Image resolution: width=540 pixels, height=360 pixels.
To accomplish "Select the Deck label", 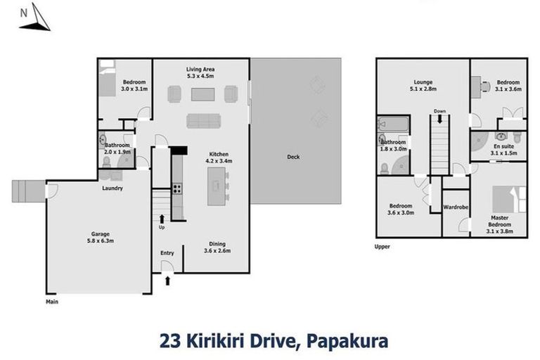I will (x=293, y=157).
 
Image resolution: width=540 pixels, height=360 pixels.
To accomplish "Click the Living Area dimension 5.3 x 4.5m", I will (x=200, y=76).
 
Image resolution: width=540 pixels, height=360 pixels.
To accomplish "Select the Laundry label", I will (x=112, y=188).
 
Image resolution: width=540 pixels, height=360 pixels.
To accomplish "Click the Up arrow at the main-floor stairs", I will (x=161, y=219).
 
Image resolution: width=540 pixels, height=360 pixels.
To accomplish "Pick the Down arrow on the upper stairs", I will (x=439, y=121).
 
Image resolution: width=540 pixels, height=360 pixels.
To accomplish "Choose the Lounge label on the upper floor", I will (x=423, y=82).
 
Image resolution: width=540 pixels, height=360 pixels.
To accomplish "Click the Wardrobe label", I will (x=455, y=207).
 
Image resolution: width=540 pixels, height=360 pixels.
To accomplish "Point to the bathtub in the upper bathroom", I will (x=388, y=124).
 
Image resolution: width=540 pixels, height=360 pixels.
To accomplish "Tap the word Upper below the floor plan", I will (x=382, y=247).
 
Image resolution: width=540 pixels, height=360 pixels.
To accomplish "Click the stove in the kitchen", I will (x=177, y=188).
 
